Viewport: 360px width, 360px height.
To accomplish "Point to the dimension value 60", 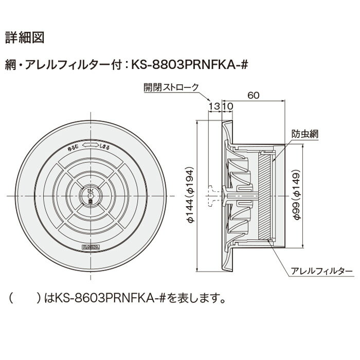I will (x=252, y=95).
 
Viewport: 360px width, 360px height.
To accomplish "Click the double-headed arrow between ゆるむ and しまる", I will (x=91, y=146).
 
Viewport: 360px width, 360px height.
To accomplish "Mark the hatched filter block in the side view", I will (x=264, y=195).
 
